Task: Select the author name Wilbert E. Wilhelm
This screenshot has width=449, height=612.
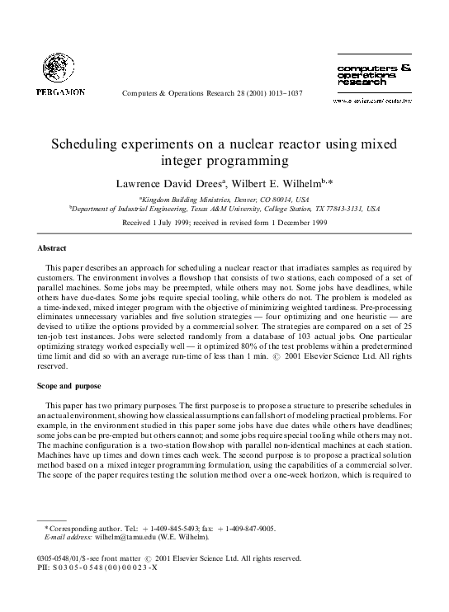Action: tap(280, 180)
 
